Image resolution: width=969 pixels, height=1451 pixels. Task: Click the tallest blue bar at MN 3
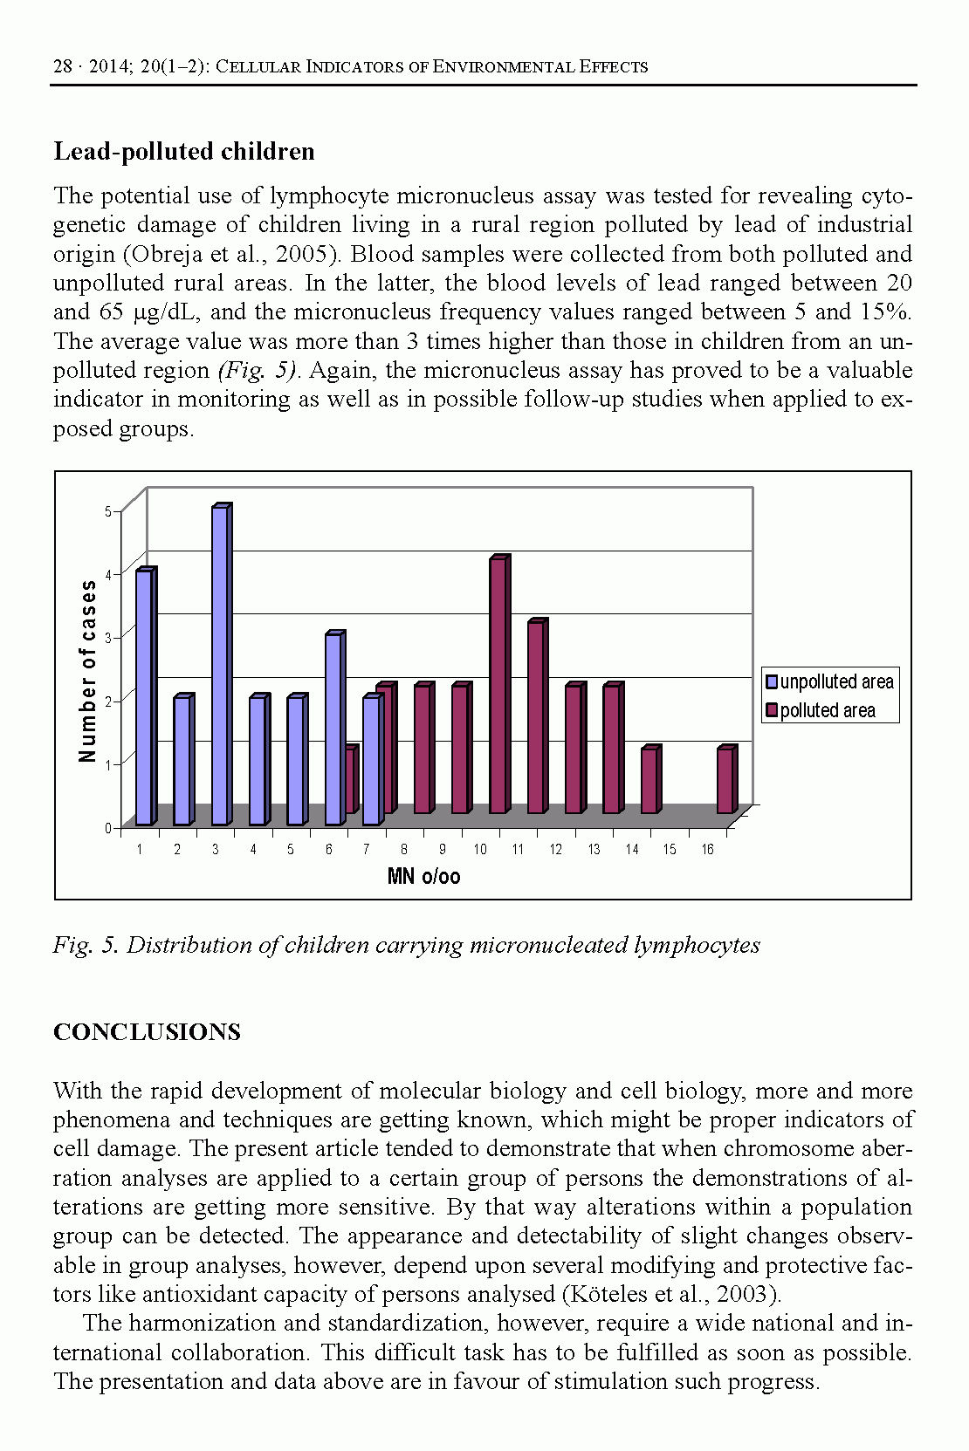coord(219,665)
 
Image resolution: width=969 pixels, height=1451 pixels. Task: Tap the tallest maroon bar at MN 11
coord(498,685)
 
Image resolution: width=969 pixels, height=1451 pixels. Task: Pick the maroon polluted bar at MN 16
coord(725,781)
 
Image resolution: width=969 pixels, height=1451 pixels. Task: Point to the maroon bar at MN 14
coord(649,781)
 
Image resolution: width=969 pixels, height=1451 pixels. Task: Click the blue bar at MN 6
coord(333,729)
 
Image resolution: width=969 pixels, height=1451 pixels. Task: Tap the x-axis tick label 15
coord(670,849)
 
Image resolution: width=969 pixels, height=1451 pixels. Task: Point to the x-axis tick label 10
coord(480,849)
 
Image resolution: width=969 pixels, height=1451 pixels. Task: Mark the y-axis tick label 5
coord(108,511)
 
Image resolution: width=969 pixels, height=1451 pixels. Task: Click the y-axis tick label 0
coord(108,828)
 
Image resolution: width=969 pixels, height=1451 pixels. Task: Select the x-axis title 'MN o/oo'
coord(423,876)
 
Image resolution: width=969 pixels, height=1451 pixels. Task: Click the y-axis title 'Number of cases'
coord(88,670)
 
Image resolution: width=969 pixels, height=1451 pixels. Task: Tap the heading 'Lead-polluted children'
coord(184,152)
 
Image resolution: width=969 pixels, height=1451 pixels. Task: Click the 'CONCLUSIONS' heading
coord(147,1032)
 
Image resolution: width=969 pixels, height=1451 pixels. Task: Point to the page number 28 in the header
coord(62,66)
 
